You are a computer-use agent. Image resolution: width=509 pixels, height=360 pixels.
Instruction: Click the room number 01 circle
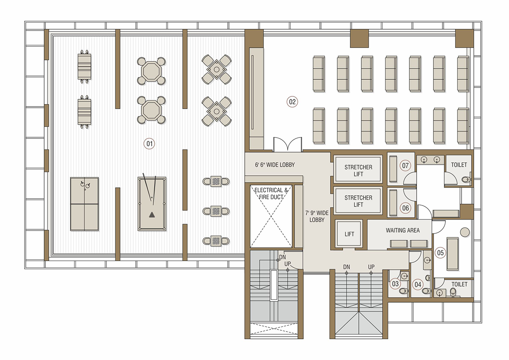point(149,144)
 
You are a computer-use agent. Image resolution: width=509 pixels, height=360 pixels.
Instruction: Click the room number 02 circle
point(292,101)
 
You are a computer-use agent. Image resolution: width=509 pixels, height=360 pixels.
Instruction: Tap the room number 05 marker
point(440,253)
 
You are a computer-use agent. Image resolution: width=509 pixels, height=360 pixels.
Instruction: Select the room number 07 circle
point(406,166)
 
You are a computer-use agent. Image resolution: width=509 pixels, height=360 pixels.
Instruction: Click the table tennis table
point(84,204)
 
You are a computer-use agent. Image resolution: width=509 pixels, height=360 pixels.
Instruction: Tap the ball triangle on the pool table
point(152,215)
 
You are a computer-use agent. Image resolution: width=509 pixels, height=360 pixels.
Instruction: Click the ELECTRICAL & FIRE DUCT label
point(271,194)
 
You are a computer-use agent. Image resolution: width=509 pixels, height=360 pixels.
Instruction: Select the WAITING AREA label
point(403,231)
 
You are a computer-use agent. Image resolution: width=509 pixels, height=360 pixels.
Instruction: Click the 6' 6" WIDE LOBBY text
point(275,165)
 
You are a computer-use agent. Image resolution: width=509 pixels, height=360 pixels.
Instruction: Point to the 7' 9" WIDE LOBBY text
point(317,216)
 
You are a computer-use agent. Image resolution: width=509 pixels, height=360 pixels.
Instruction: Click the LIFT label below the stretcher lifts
point(349,234)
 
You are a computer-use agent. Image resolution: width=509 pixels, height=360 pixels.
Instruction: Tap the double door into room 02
point(288,144)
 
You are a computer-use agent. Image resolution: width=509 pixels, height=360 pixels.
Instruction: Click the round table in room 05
point(465,232)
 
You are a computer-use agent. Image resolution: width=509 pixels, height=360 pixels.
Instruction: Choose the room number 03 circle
point(395,284)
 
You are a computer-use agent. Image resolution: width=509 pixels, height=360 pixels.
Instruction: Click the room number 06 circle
point(406,208)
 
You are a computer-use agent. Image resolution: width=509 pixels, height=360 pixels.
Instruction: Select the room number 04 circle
point(418,284)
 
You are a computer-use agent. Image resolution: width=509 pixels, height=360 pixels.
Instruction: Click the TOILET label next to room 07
point(459,165)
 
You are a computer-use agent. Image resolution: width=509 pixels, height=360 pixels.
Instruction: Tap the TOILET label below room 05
point(459,284)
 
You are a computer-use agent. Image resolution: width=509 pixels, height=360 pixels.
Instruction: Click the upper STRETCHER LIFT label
point(358,171)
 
